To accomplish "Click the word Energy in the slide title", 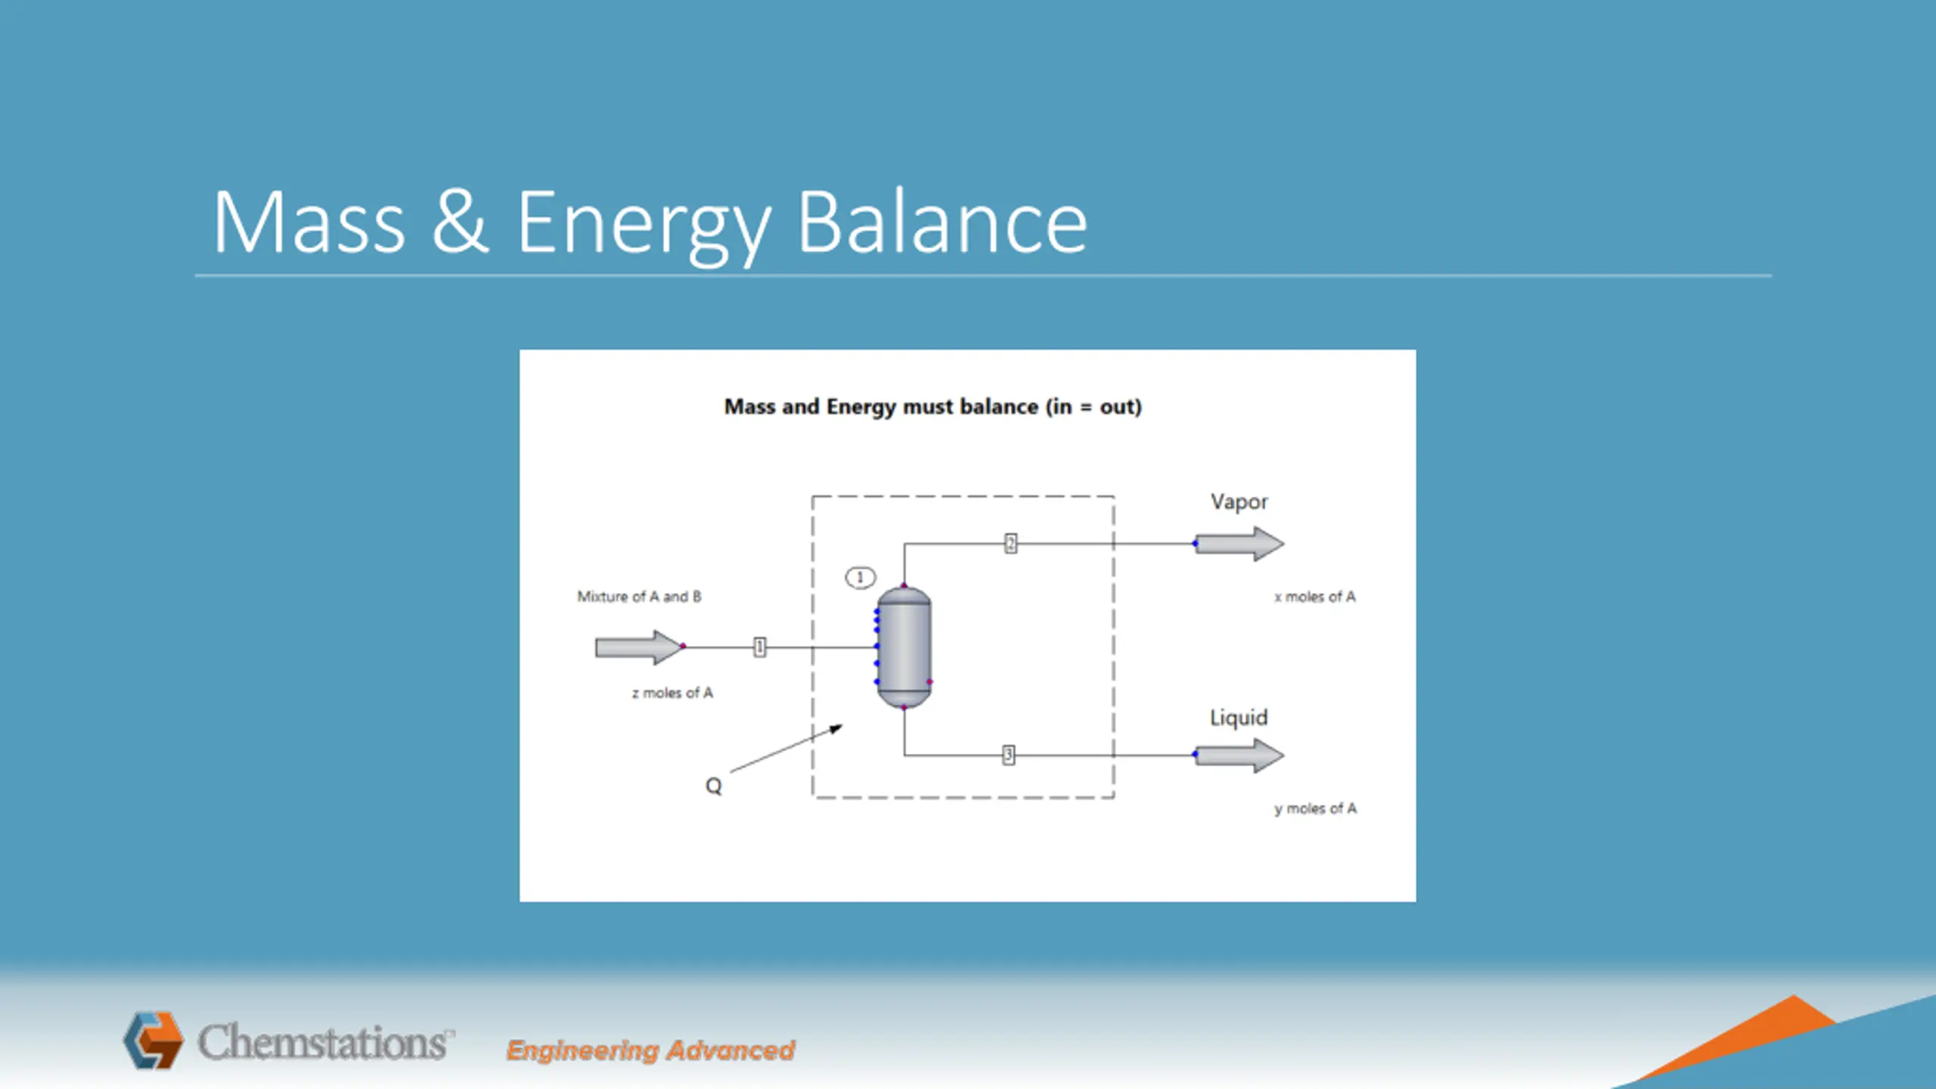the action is (x=643, y=224).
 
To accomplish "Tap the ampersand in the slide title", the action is (x=460, y=222).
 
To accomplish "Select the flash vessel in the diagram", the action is (x=904, y=647).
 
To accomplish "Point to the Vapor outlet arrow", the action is (x=1239, y=544).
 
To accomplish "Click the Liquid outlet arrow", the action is (x=1239, y=755).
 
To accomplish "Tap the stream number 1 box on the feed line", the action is (x=759, y=647).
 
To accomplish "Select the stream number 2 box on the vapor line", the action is (x=1010, y=544).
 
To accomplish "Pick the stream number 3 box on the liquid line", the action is (x=1008, y=755).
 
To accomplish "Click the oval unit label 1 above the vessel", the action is (x=860, y=578).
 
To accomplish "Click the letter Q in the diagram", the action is (x=713, y=786).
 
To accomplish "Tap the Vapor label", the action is (x=1239, y=502).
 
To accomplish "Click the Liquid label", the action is (x=1238, y=718).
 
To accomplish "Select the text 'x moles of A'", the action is (x=1314, y=597).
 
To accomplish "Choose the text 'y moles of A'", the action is (x=1315, y=808).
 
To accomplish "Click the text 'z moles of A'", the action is (x=672, y=693).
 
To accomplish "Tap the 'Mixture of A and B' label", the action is (x=639, y=597).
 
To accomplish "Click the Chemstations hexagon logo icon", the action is (x=154, y=1041).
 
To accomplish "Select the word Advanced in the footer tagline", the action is (x=731, y=1050).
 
